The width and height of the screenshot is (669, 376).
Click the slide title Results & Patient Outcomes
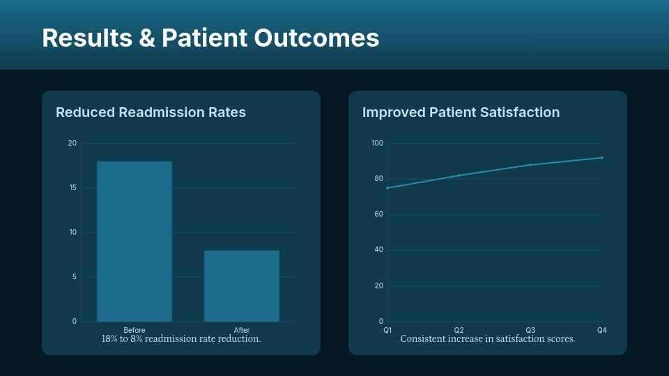(x=210, y=38)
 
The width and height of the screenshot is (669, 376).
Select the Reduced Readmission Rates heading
(x=151, y=112)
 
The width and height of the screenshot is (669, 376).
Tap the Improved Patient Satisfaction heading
(x=461, y=112)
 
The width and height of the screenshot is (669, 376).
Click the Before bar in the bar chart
(x=134, y=241)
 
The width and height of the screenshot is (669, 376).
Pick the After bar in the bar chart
(x=242, y=285)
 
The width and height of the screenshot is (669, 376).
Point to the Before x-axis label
(x=134, y=330)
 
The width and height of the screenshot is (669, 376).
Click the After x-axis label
(x=242, y=330)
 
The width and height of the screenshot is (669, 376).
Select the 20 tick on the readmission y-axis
(x=72, y=143)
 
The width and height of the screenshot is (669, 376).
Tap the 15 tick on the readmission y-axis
(x=72, y=188)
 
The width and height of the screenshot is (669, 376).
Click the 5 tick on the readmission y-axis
(x=74, y=277)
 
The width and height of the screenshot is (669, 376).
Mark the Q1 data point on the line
(x=387, y=188)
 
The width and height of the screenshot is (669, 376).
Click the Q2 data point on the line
(x=459, y=175)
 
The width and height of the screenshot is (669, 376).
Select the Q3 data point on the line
(x=530, y=165)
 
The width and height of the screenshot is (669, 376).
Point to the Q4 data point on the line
(x=602, y=157)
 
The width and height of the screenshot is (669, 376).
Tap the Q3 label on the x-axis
(x=530, y=330)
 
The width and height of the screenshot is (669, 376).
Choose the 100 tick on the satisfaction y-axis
(x=377, y=143)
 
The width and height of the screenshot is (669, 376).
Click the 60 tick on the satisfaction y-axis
(x=379, y=214)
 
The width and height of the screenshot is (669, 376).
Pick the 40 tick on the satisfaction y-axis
(x=379, y=250)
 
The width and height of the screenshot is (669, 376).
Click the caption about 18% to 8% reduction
(x=181, y=339)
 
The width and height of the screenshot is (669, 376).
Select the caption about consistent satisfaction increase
(x=488, y=339)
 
